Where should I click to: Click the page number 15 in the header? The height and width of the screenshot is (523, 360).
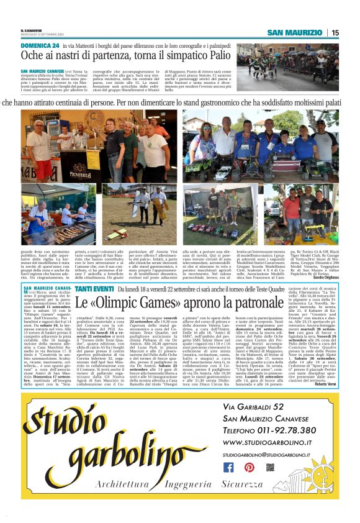(335, 33)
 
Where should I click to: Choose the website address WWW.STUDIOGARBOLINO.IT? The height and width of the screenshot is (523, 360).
(266, 442)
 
